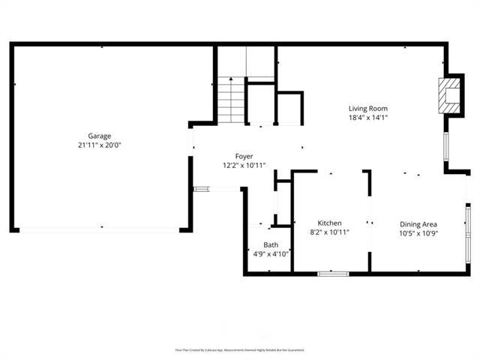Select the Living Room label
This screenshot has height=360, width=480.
click(367, 109)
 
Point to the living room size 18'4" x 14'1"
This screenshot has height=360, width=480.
click(367, 118)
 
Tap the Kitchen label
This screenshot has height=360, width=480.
click(329, 223)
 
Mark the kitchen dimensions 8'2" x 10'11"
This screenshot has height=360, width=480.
click(329, 232)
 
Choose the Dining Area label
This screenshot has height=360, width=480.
click(418, 223)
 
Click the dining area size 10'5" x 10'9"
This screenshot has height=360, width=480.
click(418, 232)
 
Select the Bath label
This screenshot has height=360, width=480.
click(271, 244)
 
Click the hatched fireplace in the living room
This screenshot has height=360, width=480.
click(450, 96)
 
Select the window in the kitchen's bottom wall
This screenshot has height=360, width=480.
click(333, 273)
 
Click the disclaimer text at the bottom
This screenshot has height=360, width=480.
click(240, 349)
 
